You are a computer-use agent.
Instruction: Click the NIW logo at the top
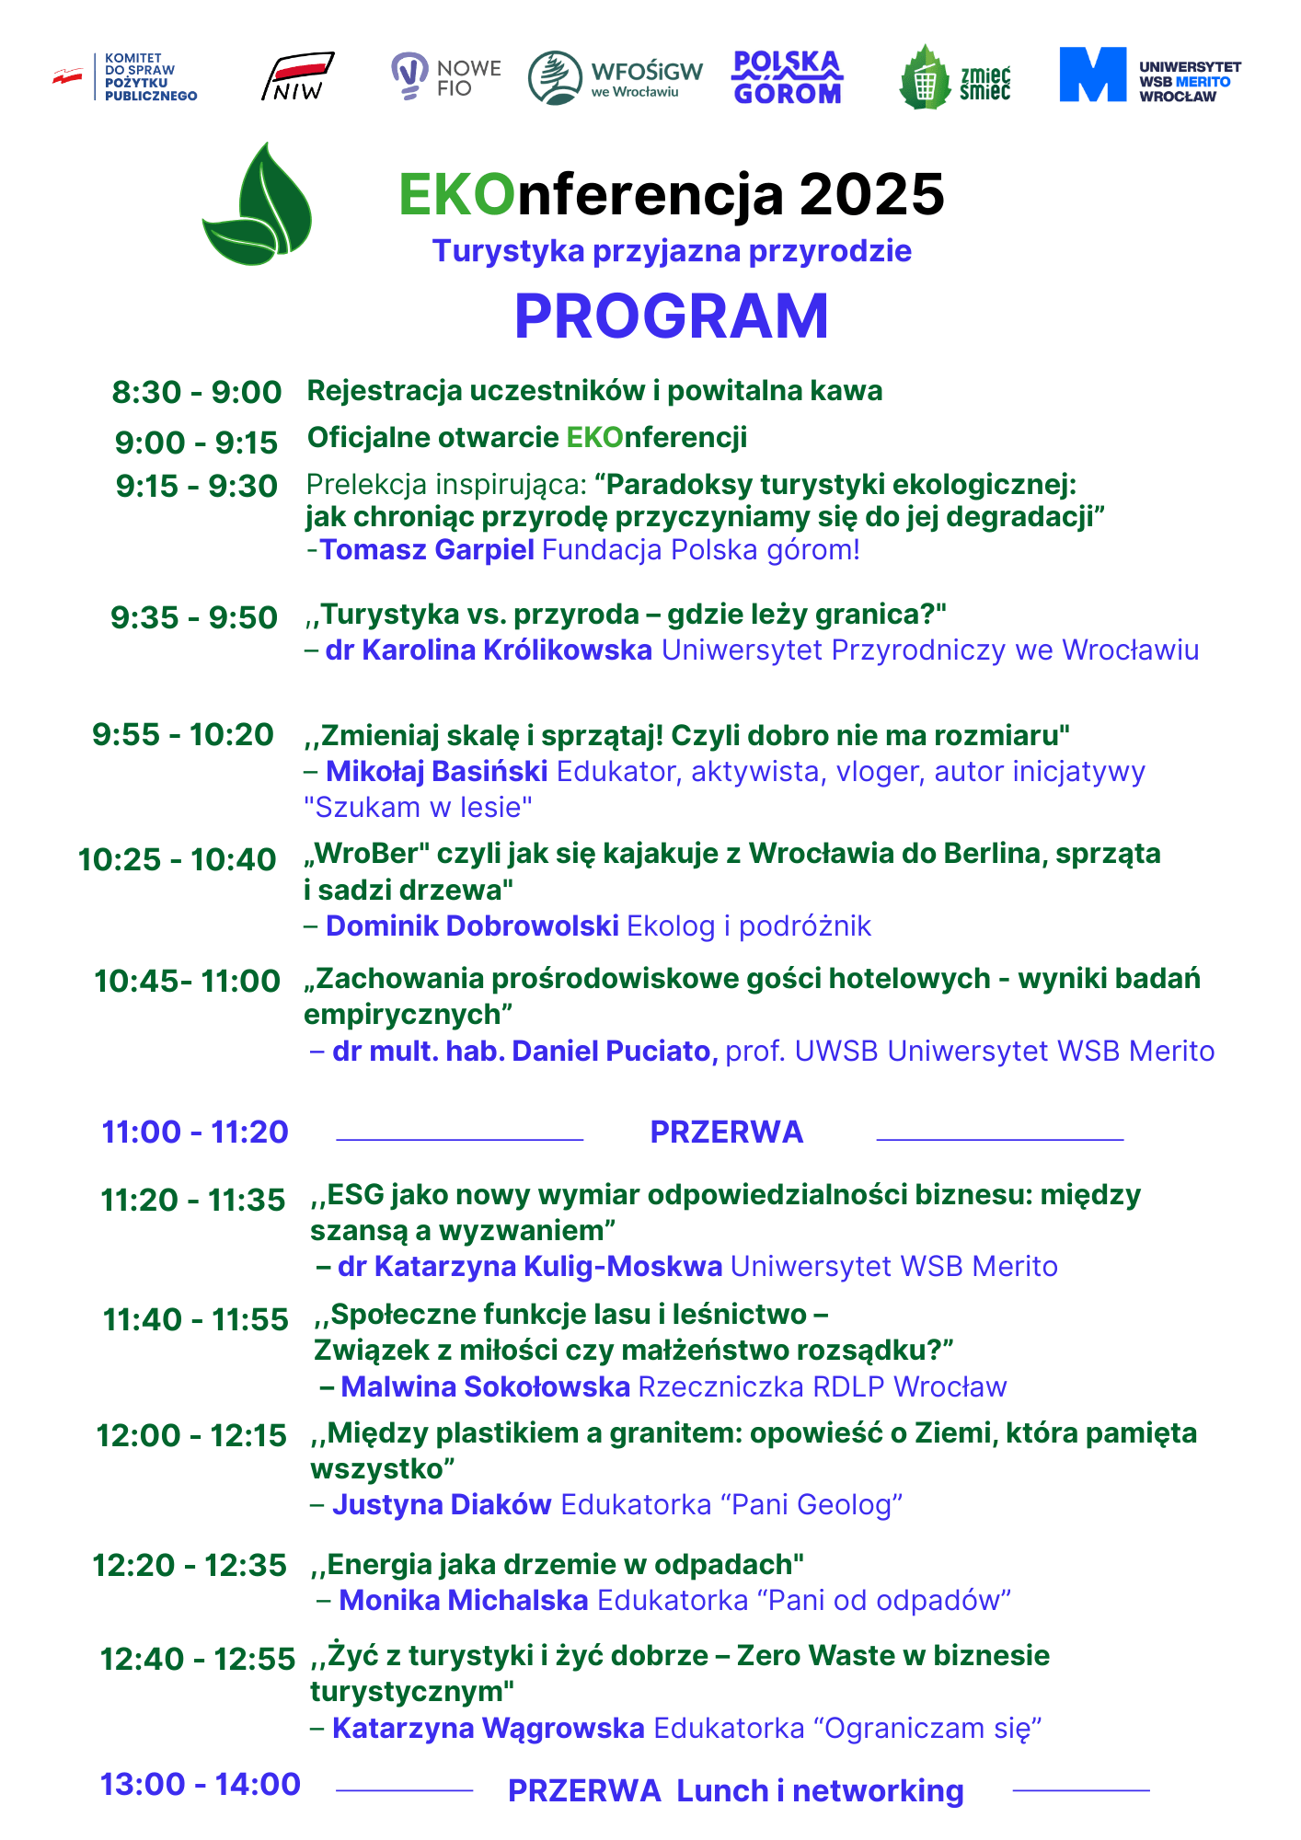297,77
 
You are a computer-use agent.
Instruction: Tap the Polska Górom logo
787,77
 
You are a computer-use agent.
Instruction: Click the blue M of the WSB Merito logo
1092,75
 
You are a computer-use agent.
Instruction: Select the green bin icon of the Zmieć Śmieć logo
926,79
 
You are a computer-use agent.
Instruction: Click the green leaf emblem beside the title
258,207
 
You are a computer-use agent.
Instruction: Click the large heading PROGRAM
671,316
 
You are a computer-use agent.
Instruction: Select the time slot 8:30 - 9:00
197,392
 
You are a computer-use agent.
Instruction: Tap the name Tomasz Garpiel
427,550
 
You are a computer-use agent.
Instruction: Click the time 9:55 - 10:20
183,735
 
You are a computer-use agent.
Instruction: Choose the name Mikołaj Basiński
437,771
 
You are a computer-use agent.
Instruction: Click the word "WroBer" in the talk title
367,854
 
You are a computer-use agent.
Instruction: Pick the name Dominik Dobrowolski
472,926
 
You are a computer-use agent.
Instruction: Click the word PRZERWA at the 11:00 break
726,1132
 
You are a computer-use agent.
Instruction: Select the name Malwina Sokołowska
485,1386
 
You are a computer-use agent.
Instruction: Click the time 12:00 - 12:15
191,1435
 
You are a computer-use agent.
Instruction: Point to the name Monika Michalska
464,1601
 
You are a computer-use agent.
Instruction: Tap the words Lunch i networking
820,1791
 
